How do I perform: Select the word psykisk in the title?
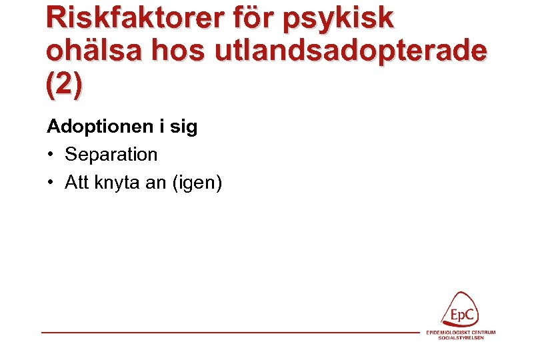pos(339,19)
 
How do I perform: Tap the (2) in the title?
pos(65,85)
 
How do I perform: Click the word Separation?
pos(111,155)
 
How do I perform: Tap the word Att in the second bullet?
pos(77,182)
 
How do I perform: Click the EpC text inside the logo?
pos(463,313)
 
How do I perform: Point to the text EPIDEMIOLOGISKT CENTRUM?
pos(461,332)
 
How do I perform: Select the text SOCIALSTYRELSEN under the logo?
pos(461,337)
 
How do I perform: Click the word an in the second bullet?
pos(155,183)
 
